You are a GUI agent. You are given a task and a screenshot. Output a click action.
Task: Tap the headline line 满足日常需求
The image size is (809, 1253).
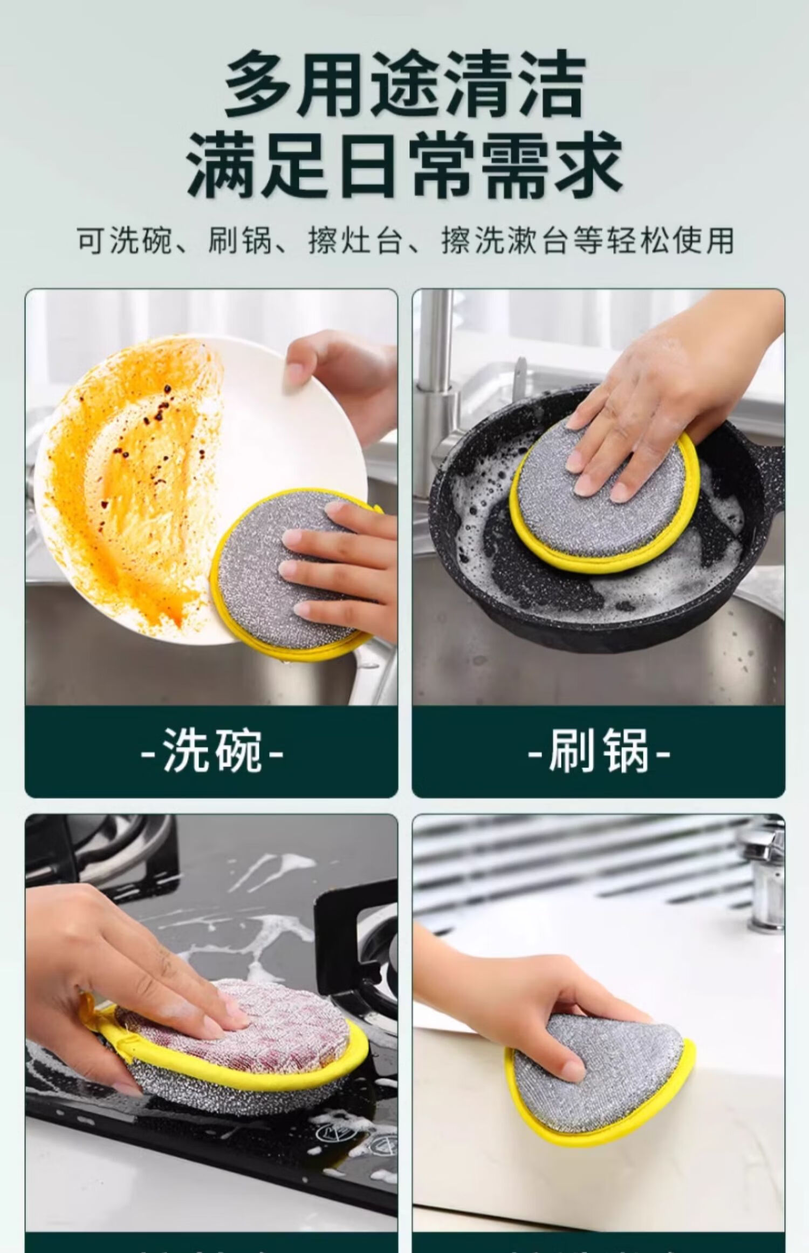(x=404, y=165)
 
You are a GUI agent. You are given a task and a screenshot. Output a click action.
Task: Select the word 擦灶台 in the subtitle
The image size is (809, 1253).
(x=355, y=240)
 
